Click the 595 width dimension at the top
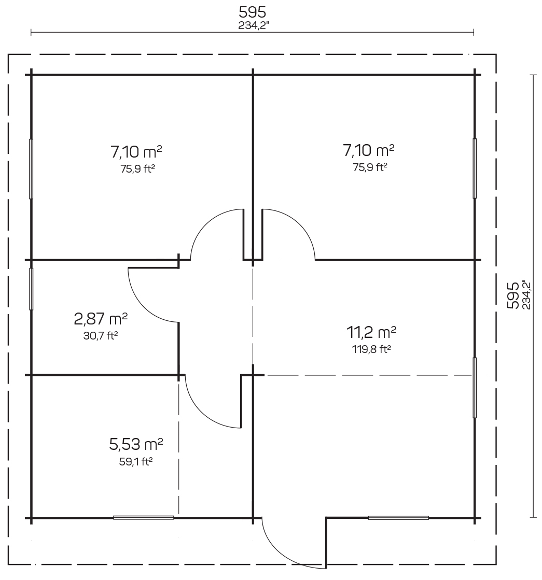[x=252, y=12]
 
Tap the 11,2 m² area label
[x=371, y=332]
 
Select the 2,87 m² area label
[x=101, y=318]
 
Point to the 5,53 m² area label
[x=136, y=444]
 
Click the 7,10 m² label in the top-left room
[x=136, y=151]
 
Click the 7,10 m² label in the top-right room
[x=368, y=150]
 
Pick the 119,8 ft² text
[x=371, y=349]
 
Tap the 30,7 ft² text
[x=101, y=336]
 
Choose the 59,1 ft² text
[x=136, y=462]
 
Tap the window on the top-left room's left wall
[x=31, y=169]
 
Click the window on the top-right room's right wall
[x=475, y=168]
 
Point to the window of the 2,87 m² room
[x=31, y=289]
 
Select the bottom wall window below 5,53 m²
[x=144, y=517]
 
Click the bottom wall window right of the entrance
[x=398, y=517]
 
